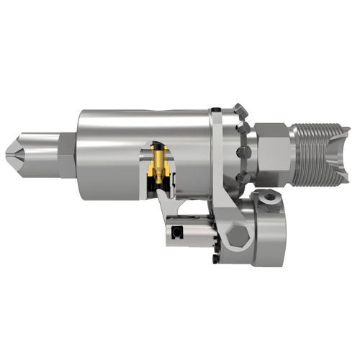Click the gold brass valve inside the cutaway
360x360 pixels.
pos(158,163)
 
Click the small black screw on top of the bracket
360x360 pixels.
pos(215,110)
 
